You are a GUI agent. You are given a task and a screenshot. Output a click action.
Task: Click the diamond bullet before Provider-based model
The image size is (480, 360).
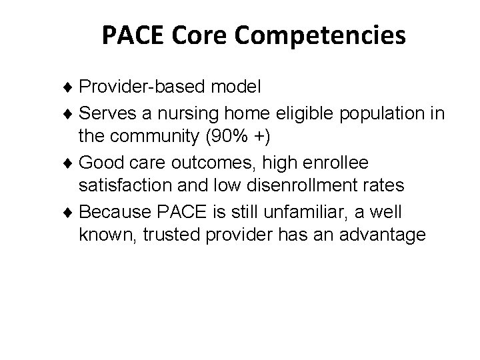[72, 88]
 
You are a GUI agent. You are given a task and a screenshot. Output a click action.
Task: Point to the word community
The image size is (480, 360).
[159, 138]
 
